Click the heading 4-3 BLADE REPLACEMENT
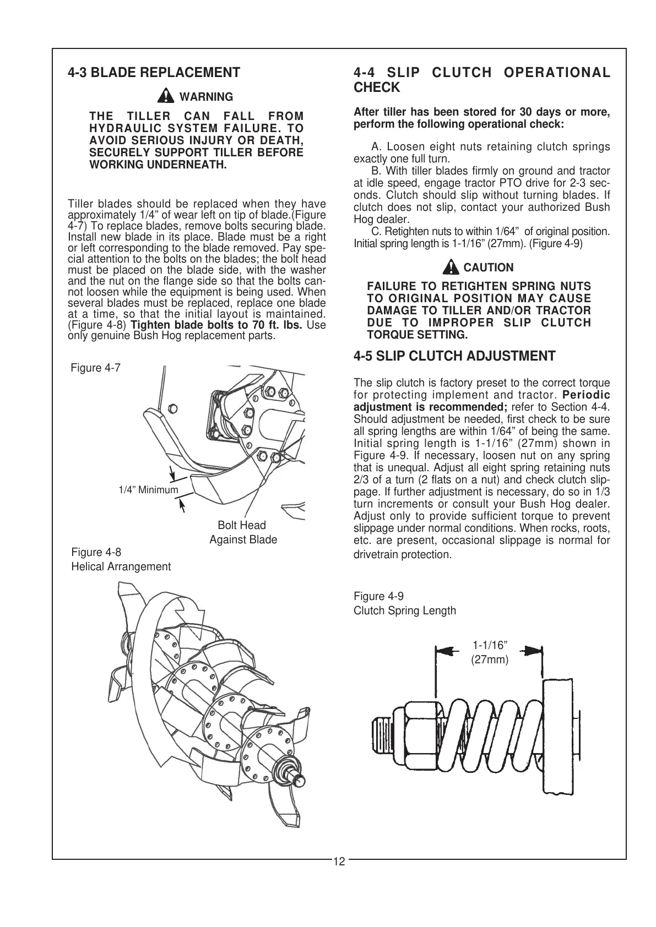click(x=154, y=73)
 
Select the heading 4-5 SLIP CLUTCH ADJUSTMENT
click(x=454, y=356)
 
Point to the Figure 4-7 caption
click(x=96, y=368)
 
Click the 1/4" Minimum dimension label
click(x=148, y=490)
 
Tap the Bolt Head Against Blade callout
click(x=242, y=532)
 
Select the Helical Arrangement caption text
click(x=121, y=566)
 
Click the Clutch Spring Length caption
click(x=405, y=610)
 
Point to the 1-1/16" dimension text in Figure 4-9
click(x=490, y=645)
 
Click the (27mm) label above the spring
click(x=490, y=659)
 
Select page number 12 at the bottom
click(x=339, y=861)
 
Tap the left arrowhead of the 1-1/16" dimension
click(x=449, y=650)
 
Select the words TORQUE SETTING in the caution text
click(x=417, y=335)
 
